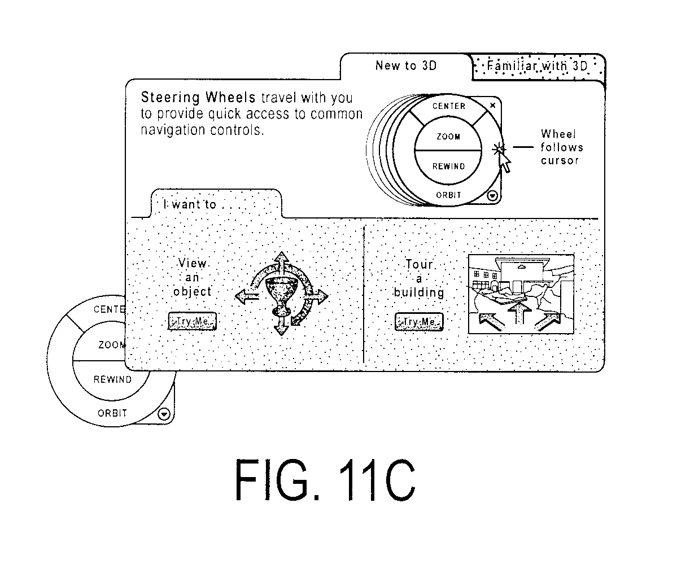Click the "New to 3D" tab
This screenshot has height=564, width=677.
tap(406, 65)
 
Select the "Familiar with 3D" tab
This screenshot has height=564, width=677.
tap(538, 66)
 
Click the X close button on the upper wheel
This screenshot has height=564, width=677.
tap(492, 105)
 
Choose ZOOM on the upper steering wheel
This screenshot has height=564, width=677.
tap(448, 137)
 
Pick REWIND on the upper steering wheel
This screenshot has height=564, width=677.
tap(448, 166)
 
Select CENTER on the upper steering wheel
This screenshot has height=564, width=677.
tap(448, 106)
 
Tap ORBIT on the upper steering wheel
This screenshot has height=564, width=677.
tap(448, 195)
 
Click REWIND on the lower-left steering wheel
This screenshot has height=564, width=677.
tap(112, 379)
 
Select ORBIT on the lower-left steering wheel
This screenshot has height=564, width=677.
tap(112, 413)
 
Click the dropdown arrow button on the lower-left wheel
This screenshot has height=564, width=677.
tap(164, 414)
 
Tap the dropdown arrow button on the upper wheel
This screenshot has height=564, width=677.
tap(492, 196)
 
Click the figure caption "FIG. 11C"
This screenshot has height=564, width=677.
tap(325, 480)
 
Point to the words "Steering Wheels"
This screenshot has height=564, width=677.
tap(198, 97)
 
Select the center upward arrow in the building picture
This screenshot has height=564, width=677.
tap(519, 312)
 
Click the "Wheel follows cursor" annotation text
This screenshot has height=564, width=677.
tap(561, 147)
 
